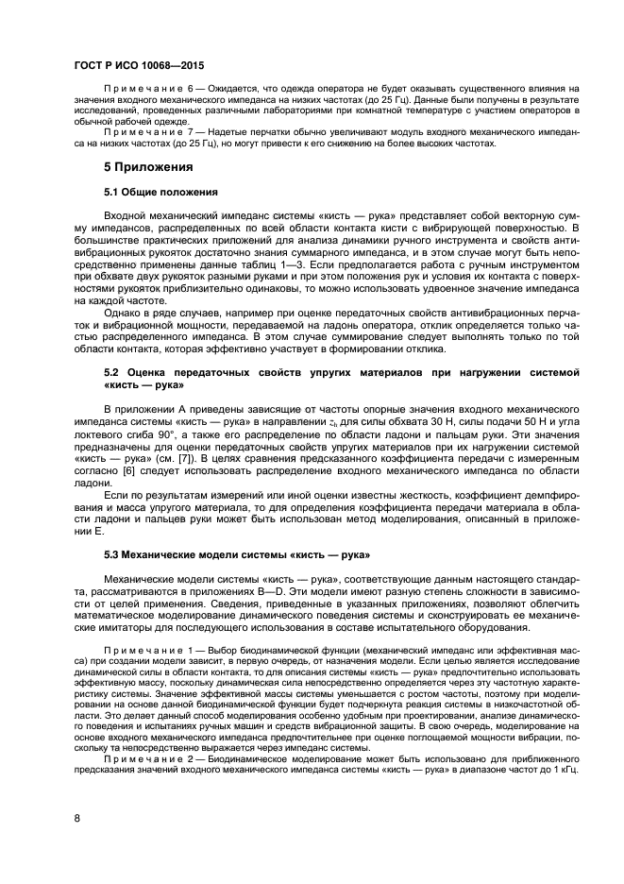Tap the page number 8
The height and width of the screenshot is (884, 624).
(x=76, y=818)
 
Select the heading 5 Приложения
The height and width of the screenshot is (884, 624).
(x=148, y=167)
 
